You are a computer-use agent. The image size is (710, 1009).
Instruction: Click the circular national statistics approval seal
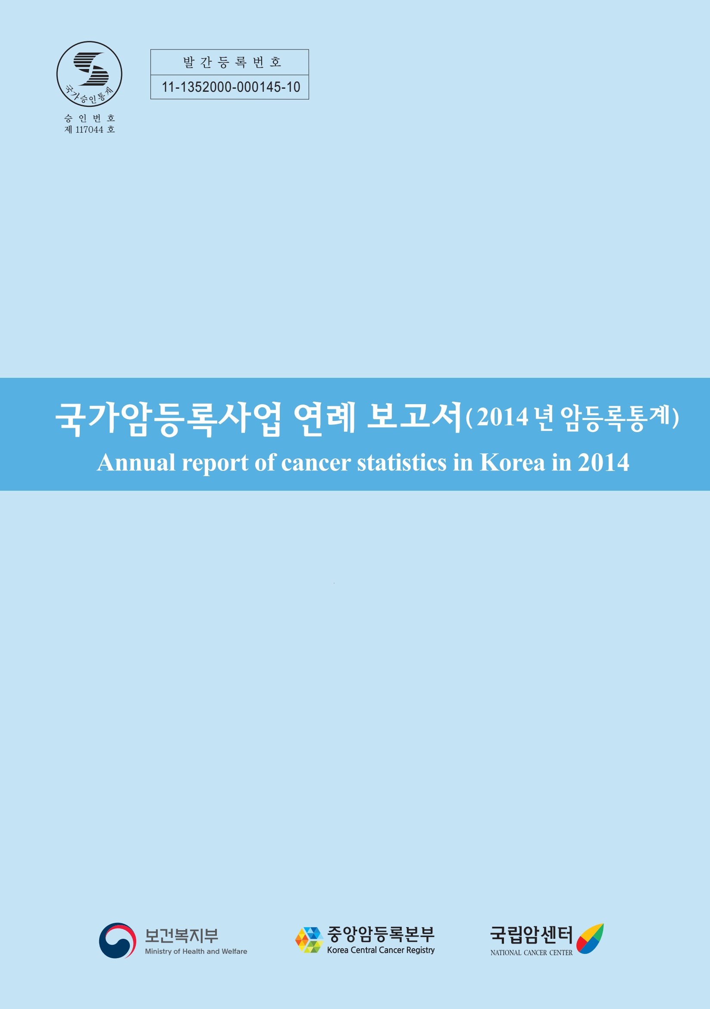click(89, 74)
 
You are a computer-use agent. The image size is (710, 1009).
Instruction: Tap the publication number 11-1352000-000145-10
click(231, 87)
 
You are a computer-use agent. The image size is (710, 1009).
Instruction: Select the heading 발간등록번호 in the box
click(231, 62)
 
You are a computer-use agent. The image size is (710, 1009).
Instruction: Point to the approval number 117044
click(89, 130)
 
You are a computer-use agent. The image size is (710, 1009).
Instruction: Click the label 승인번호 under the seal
click(90, 118)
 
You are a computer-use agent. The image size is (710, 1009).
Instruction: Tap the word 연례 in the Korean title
click(324, 418)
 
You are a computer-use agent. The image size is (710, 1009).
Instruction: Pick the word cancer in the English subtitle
click(316, 464)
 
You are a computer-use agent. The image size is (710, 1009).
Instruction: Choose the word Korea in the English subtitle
click(512, 462)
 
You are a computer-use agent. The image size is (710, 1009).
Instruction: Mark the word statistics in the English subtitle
click(401, 462)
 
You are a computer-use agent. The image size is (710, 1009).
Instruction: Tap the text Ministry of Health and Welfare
click(196, 951)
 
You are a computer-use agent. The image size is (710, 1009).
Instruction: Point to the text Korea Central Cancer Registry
click(381, 950)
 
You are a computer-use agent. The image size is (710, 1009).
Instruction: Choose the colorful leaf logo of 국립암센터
click(590, 939)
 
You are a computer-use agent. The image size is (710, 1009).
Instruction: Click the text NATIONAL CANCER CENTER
click(532, 952)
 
